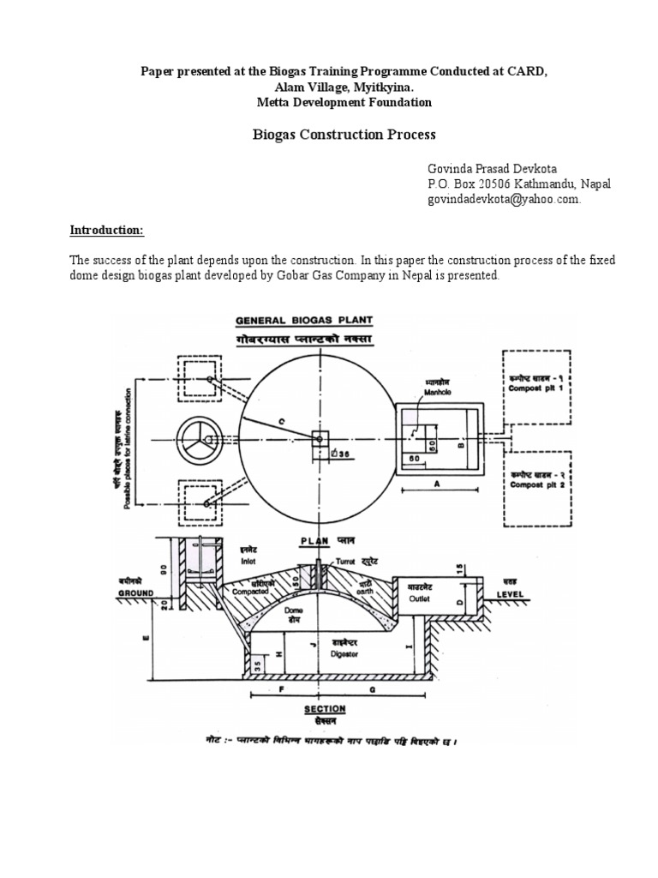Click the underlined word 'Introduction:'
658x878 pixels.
pyautogui.click(x=107, y=232)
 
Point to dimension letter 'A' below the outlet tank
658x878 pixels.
pyautogui.click(x=437, y=484)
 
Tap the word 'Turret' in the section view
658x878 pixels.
pyautogui.click(x=345, y=559)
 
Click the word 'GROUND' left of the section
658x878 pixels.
pyautogui.click(x=135, y=592)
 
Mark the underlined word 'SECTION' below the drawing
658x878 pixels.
pyautogui.click(x=325, y=709)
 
